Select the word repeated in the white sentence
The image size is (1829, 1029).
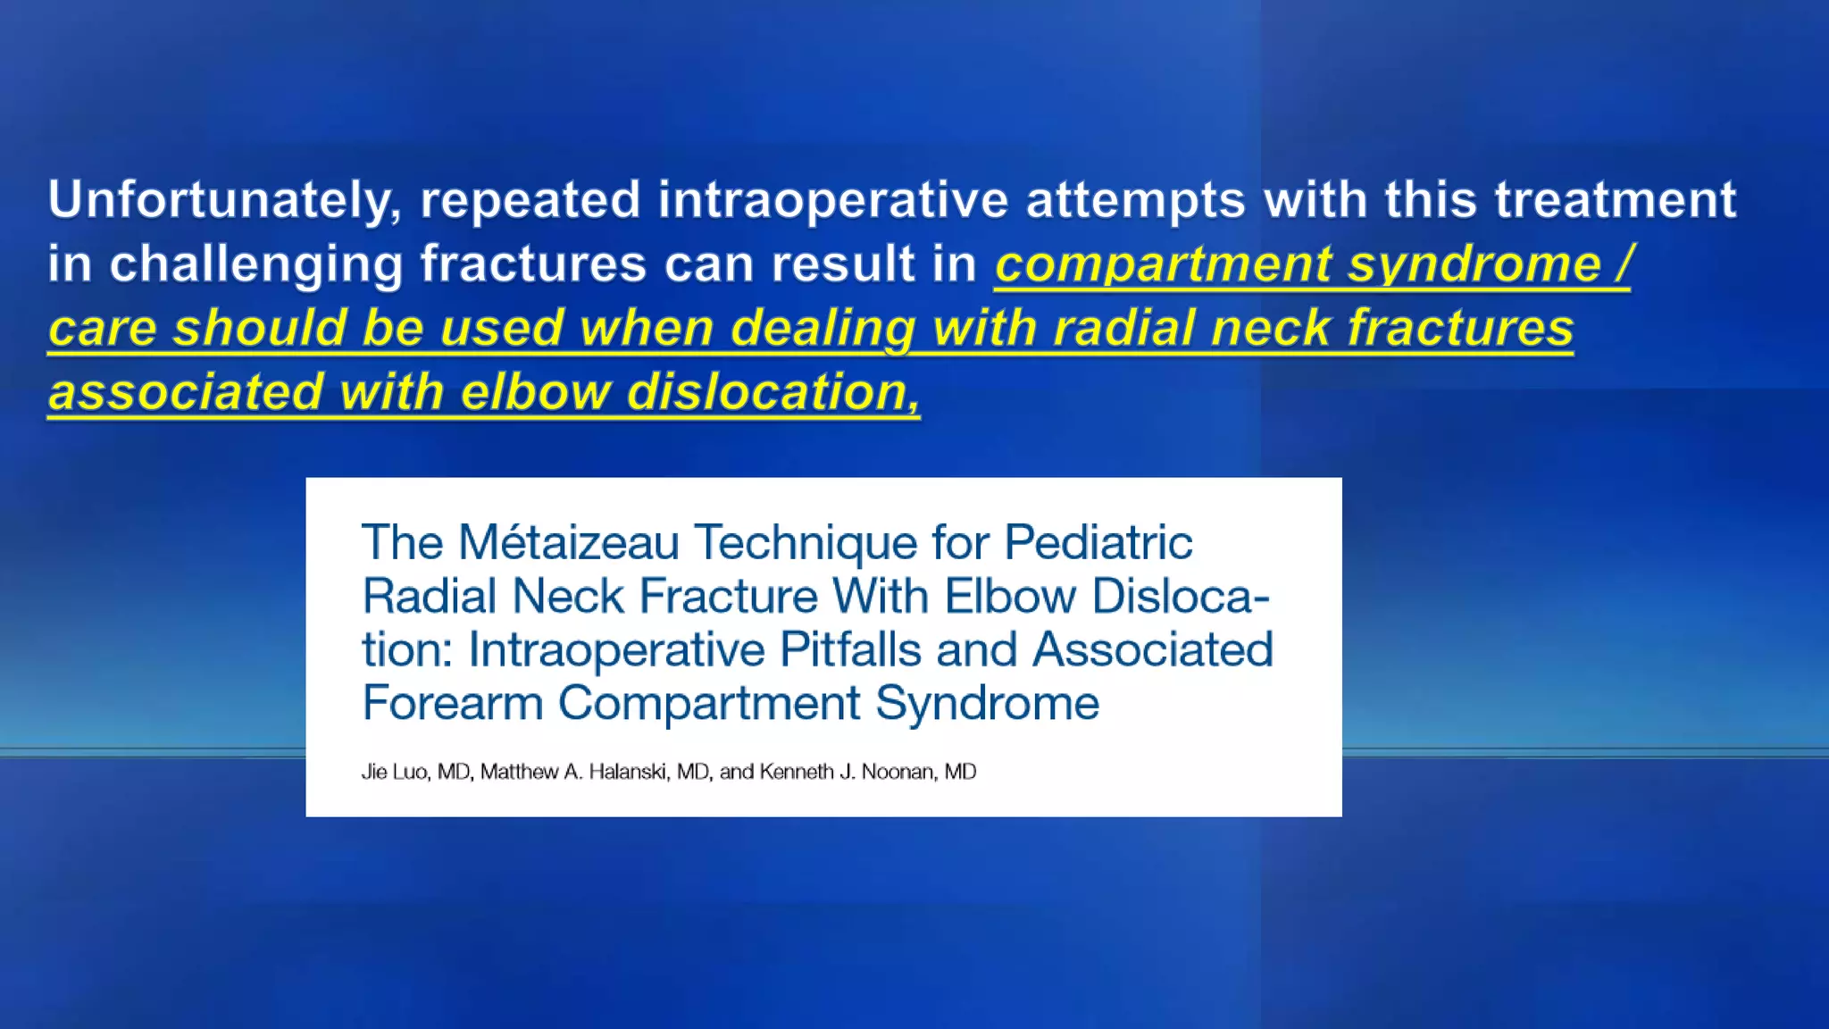pyautogui.click(x=530, y=200)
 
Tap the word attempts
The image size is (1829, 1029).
pyautogui.click(x=1135, y=200)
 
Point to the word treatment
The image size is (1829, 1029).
pyautogui.click(x=1616, y=200)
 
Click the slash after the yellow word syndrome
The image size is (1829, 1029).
pyautogui.click(x=1624, y=264)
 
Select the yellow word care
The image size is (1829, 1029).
pyautogui.click(x=102, y=329)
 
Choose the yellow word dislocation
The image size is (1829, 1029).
pyautogui.click(x=773, y=393)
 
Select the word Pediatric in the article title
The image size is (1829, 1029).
pyautogui.click(x=1098, y=542)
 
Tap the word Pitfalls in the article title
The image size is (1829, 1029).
pyautogui.click(x=850, y=649)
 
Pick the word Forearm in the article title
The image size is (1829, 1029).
pyautogui.click(x=452, y=703)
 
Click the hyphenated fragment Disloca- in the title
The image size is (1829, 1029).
pyautogui.click(x=1180, y=596)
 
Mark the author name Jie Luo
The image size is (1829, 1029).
pyautogui.click(x=394, y=772)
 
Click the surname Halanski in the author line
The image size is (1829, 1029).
pyautogui.click(x=629, y=772)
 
